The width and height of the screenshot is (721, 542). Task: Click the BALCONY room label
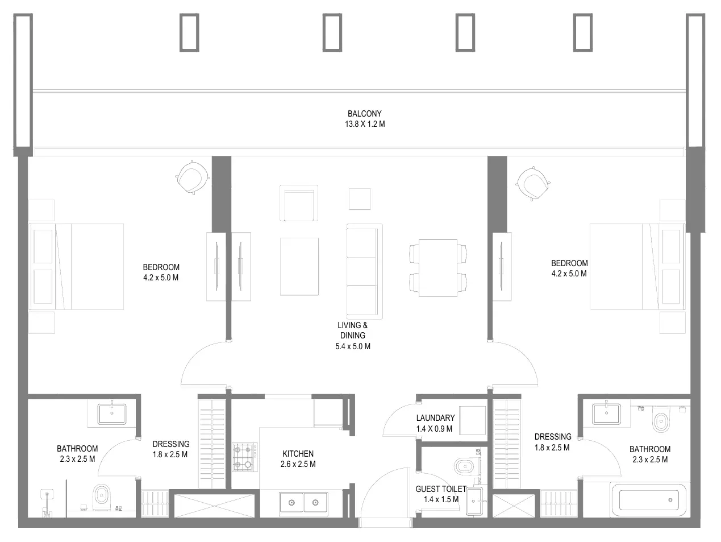(x=364, y=113)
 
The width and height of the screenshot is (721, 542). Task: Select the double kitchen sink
(x=303, y=503)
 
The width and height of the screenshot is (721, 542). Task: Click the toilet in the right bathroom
(x=660, y=421)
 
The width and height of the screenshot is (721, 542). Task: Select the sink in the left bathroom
(x=112, y=413)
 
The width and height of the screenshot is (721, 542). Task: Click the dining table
(x=437, y=268)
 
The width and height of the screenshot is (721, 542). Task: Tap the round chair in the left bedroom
(x=192, y=178)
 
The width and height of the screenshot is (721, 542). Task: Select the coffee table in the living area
(x=299, y=267)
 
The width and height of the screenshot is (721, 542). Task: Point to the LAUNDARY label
(x=435, y=418)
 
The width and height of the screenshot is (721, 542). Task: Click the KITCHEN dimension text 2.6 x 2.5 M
(x=298, y=464)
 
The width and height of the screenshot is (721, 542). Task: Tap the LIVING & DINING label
(x=352, y=330)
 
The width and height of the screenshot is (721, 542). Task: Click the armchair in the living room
(x=298, y=203)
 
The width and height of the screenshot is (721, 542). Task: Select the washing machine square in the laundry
(x=472, y=421)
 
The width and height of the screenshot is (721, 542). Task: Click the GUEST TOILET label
(x=440, y=489)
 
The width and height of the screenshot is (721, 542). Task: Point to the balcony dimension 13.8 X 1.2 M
(x=364, y=124)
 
